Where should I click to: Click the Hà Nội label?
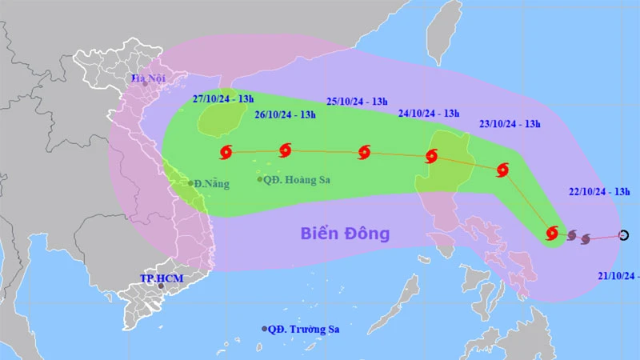pyautogui.click(x=148, y=78)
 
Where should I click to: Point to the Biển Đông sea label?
pyautogui.click(x=345, y=234)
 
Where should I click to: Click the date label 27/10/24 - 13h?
pyautogui.click(x=223, y=98)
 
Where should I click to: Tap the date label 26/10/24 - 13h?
pyautogui.click(x=285, y=114)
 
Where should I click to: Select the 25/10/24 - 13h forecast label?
pyautogui.click(x=358, y=101)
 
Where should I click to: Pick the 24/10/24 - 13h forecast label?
pyautogui.click(x=429, y=114)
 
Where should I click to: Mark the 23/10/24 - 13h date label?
pyautogui.click(x=510, y=123)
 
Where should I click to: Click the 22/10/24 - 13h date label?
pyautogui.click(x=599, y=192)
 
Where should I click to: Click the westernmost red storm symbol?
pyautogui.click(x=226, y=151)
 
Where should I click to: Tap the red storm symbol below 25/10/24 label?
pyautogui.click(x=365, y=152)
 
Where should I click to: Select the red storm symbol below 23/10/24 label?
pyautogui.click(x=502, y=170)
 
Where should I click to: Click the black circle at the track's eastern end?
pyautogui.click(x=624, y=235)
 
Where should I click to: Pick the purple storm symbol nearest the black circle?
pyautogui.click(x=586, y=238)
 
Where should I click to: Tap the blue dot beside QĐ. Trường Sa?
pyautogui.click(x=265, y=329)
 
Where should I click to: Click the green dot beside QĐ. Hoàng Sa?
pyautogui.click(x=259, y=179)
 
